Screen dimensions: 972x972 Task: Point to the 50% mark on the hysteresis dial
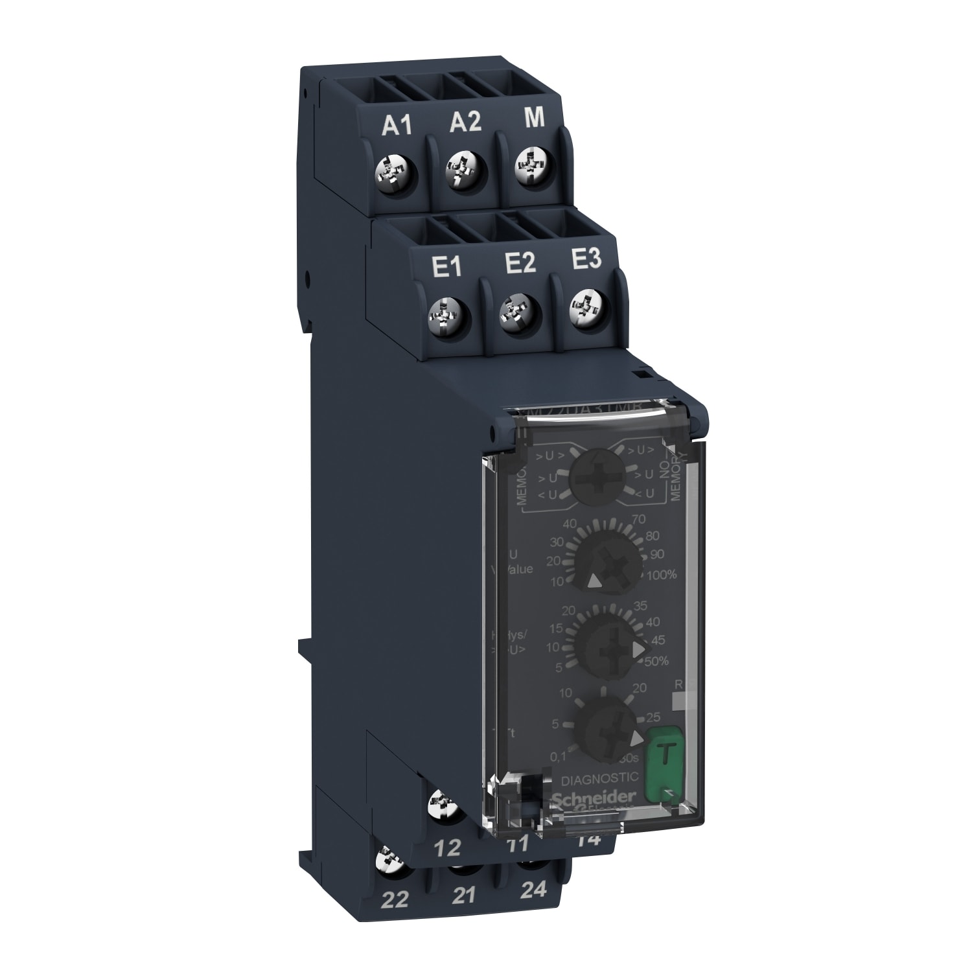[656, 661]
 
